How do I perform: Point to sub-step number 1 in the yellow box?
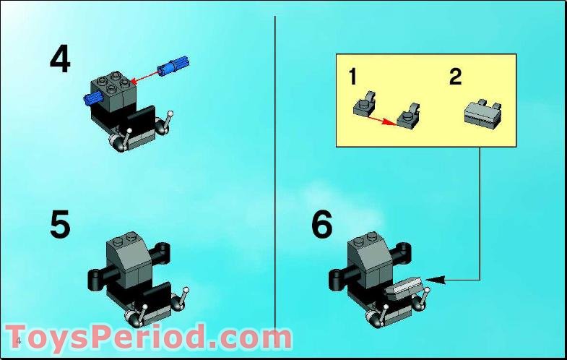point(352,77)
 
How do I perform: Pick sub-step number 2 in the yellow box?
point(455,77)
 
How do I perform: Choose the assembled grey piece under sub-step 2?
point(482,113)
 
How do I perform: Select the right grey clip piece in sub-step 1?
point(408,113)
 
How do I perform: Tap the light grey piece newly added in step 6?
point(403,291)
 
